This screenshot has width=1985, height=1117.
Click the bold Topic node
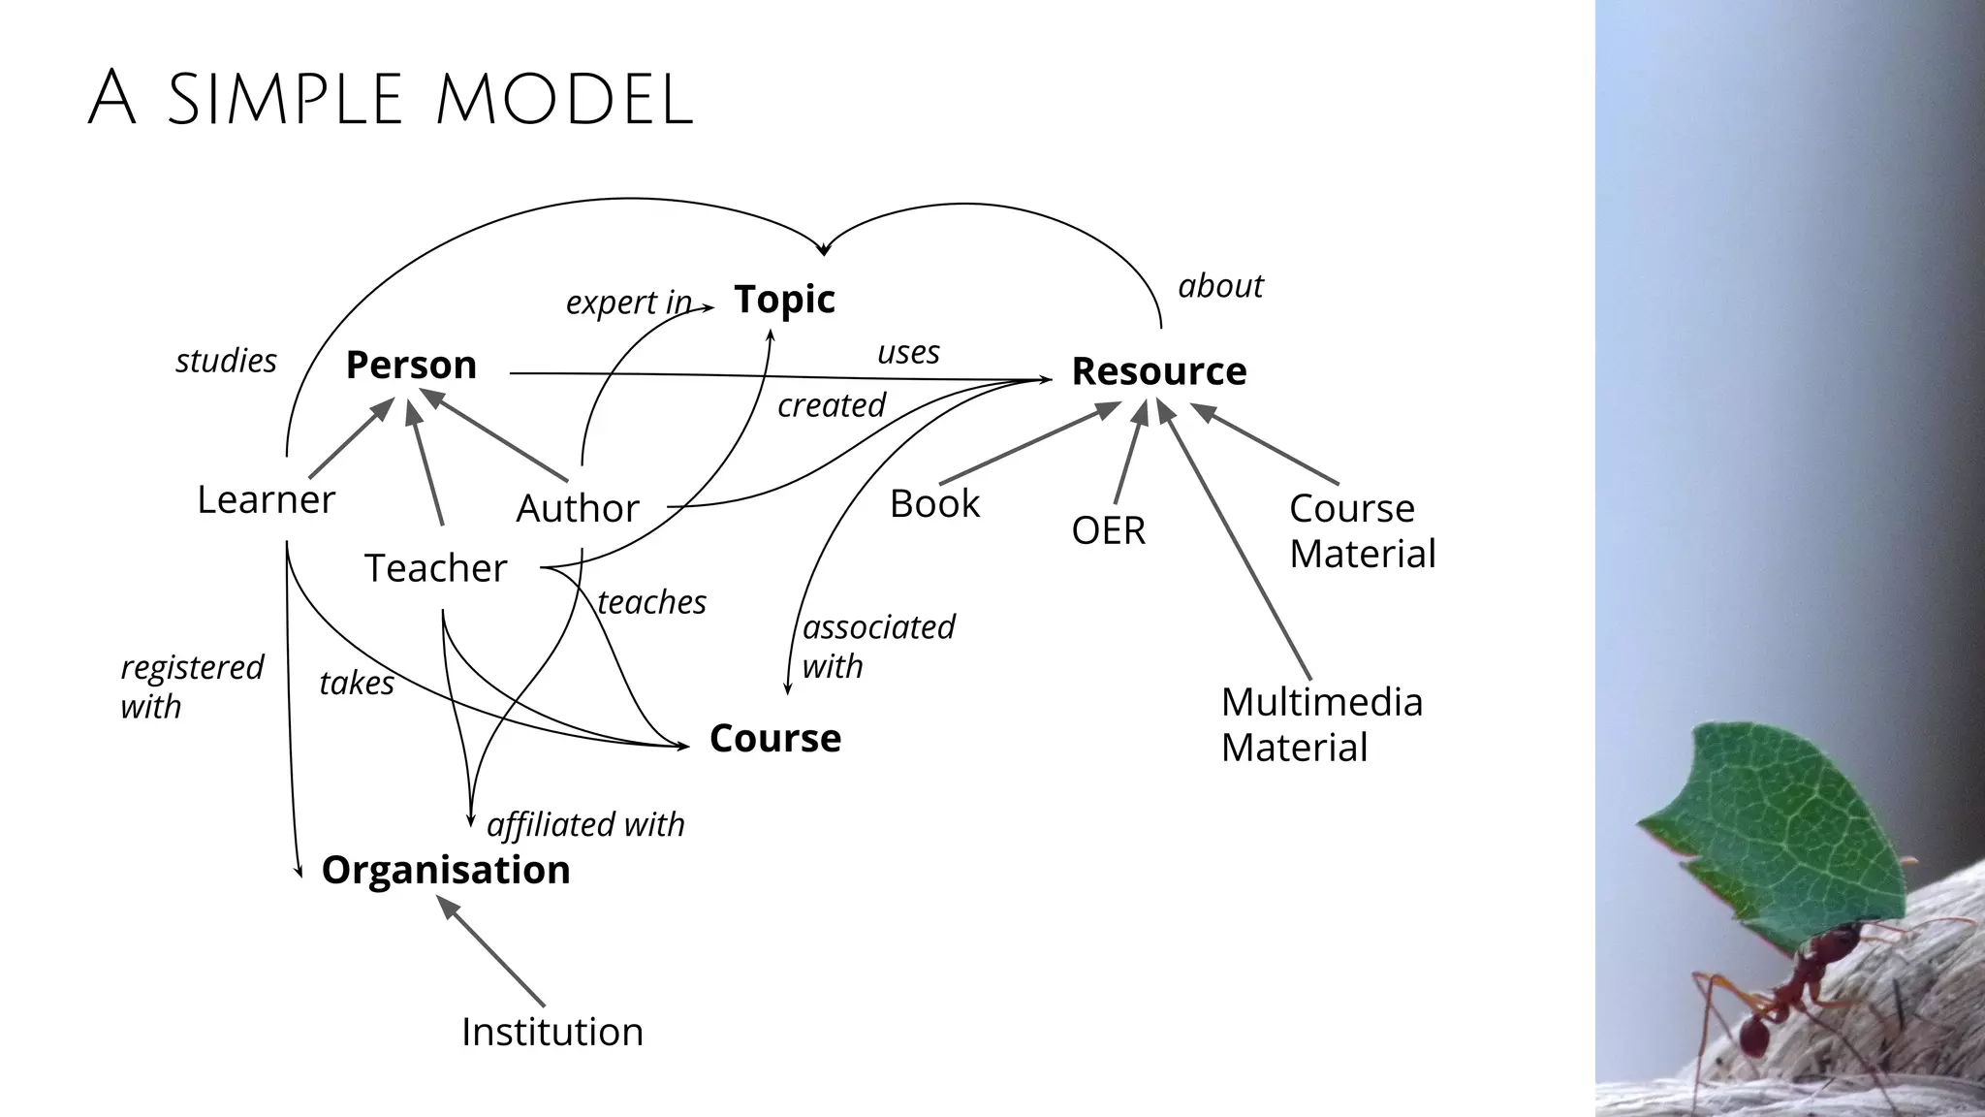pos(784,299)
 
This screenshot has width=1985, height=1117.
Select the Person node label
pos(411,366)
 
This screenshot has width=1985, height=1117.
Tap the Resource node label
pos(1158,371)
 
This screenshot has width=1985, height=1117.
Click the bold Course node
pos(774,739)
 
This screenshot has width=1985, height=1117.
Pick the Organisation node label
pos(445,870)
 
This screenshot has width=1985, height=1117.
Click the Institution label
pos(551,1032)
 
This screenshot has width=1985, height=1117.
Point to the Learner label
pos(266,500)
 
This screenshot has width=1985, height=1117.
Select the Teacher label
pos(435,568)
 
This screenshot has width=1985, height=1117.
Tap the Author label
pos(578,508)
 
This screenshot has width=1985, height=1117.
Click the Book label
pos(934,504)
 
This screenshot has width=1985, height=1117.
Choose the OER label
pos(1108,530)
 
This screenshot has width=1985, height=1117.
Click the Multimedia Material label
pos(1321,724)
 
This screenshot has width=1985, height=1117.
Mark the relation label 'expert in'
pos(628,303)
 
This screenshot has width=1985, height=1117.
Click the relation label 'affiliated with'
pos(585,825)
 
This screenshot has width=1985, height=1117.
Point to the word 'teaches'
pos(651,602)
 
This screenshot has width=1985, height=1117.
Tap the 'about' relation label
pos(1219,286)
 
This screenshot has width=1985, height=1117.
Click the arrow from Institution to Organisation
pos(491,951)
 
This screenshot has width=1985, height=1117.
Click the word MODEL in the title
pos(564,100)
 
